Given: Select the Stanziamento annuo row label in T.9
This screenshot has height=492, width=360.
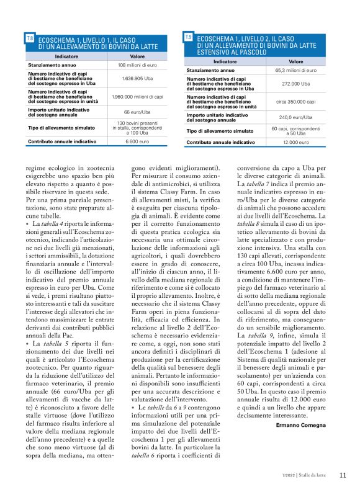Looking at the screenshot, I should point(210,71).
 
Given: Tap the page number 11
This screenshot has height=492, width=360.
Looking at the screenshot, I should point(343,476).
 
